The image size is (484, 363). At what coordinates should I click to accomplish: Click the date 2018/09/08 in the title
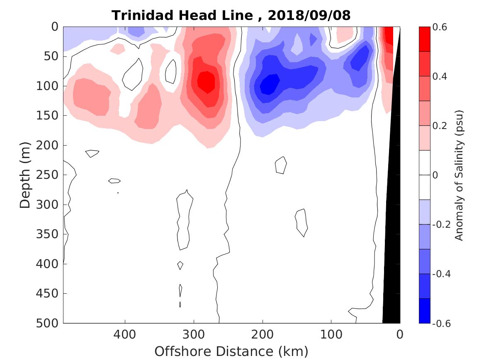309,15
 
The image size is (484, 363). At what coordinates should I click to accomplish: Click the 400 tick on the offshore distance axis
125,334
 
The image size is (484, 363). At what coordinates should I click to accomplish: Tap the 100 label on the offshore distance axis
331,334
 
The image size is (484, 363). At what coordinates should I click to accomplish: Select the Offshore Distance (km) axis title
231,351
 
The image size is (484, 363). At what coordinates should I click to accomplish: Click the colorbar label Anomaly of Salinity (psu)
459,175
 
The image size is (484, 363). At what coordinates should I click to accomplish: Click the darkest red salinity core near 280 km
206,82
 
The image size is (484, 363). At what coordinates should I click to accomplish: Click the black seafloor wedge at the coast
392,249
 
